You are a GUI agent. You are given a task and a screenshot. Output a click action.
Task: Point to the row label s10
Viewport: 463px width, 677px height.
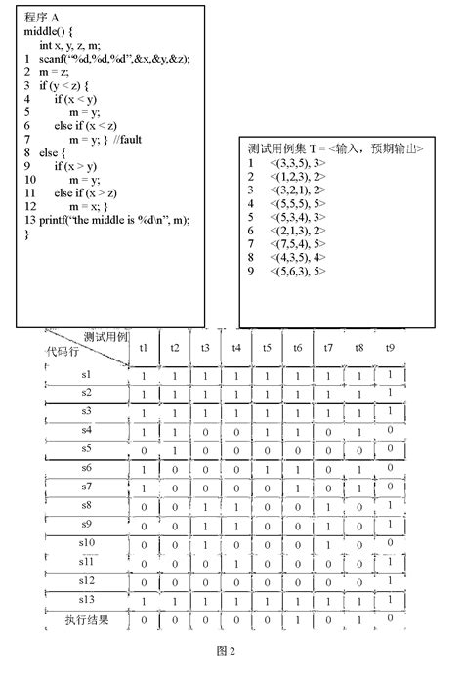(86, 542)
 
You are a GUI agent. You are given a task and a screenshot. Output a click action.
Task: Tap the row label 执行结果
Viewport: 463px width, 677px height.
(86, 619)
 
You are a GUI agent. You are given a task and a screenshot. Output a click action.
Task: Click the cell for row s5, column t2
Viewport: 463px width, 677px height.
(174, 449)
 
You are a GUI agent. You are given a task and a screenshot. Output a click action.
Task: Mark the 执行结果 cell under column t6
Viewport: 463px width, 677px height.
(297, 619)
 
